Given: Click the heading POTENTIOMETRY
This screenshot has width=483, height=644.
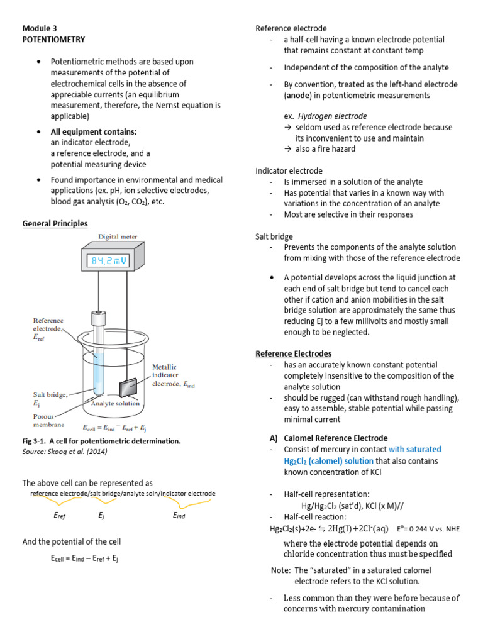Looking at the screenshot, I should click(53, 39).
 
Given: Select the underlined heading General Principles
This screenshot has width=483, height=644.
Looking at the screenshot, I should click(55, 223).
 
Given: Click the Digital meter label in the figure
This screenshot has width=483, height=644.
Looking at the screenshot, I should click(117, 237).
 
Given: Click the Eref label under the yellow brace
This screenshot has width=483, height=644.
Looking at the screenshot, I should click(59, 515).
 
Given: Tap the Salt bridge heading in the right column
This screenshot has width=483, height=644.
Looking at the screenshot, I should click(274, 236).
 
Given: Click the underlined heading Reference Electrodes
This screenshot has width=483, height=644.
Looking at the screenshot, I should click(293, 353).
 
